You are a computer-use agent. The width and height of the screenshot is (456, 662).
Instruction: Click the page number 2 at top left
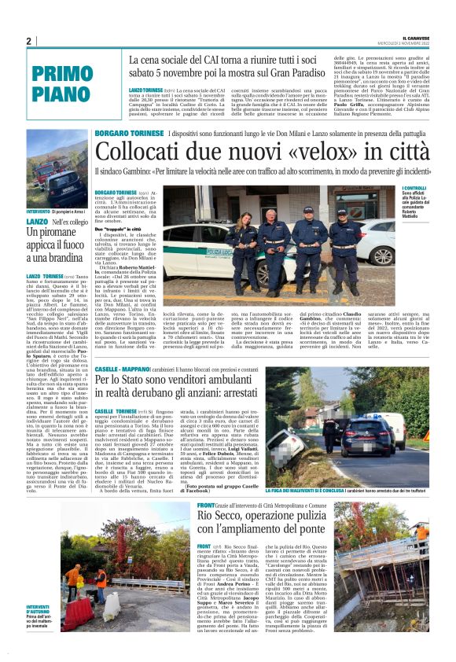point(28,41)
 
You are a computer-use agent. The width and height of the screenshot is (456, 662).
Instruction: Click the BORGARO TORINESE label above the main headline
point(129,135)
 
